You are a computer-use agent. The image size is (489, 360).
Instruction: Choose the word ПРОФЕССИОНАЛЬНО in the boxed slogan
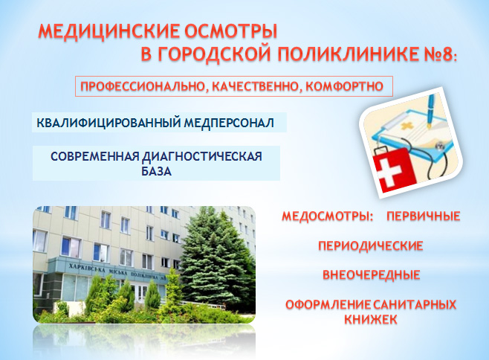pos(143,86)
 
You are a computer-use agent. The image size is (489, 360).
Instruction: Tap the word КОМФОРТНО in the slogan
pos(344,86)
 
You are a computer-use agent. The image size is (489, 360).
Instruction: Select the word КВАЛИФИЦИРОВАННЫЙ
pos(109,123)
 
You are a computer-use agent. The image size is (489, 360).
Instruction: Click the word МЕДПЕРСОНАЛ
pos(229,123)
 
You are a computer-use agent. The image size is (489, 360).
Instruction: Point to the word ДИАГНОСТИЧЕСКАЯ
pos(202,156)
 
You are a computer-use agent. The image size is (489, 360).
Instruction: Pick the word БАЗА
pos(156,171)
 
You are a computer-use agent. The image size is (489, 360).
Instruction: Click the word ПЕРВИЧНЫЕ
pos(424,216)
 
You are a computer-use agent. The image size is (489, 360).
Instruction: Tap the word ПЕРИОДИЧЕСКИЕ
pos(371,245)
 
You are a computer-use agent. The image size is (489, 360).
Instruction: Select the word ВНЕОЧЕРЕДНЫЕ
pos(371,275)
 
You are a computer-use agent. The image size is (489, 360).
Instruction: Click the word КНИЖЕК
pos(371,319)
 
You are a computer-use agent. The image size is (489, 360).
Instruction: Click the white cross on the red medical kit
pos(390,175)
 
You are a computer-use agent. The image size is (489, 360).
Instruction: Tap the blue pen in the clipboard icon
pos(432,110)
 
